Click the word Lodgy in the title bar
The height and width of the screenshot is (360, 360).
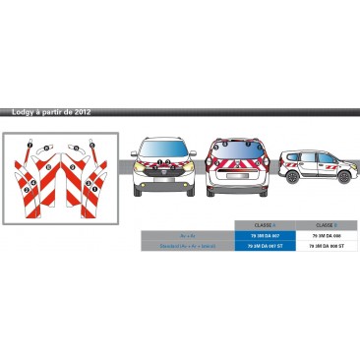click(20, 112)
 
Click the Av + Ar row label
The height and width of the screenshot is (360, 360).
click(188, 236)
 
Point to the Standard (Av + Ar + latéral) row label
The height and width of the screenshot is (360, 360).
click(188, 246)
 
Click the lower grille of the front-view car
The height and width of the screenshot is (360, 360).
click(165, 183)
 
